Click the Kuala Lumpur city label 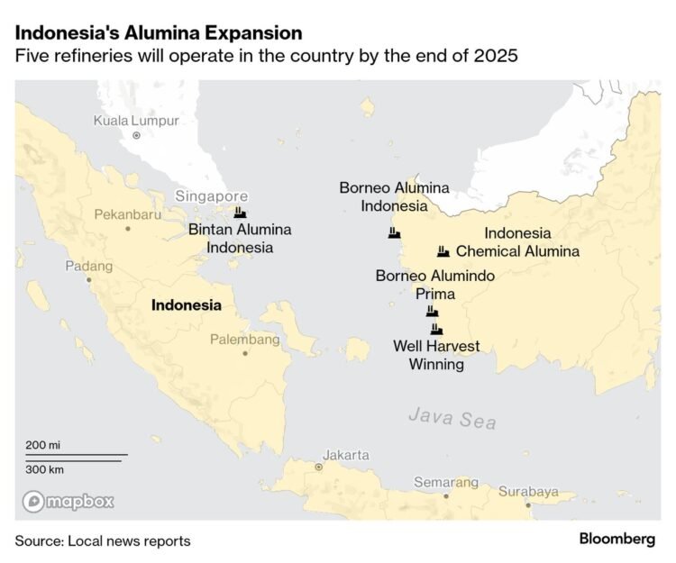137,121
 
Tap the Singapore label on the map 211,195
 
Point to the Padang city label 89,266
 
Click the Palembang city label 244,340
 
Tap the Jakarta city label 346,455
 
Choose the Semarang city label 446,482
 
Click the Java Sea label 452,418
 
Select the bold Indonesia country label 186,304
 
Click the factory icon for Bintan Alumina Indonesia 240,213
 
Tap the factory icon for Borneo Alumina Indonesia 394,232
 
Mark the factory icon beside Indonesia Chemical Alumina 443,251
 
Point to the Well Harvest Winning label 436,355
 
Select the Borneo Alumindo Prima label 434,285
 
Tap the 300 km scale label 43,469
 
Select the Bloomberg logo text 617,539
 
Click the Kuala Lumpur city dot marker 137,135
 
